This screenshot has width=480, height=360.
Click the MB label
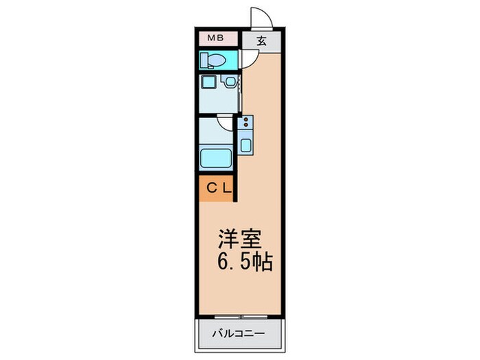(x=214, y=40)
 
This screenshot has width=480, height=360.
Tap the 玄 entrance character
(x=261, y=40)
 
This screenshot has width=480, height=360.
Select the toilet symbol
(x=214, y=60)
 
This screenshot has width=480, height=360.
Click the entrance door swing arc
(x=259, y=16)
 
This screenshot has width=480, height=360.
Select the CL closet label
(x=217, y=187)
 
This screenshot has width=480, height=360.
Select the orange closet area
(x=217, y=187)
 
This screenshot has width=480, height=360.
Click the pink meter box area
(x=219, y=40)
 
